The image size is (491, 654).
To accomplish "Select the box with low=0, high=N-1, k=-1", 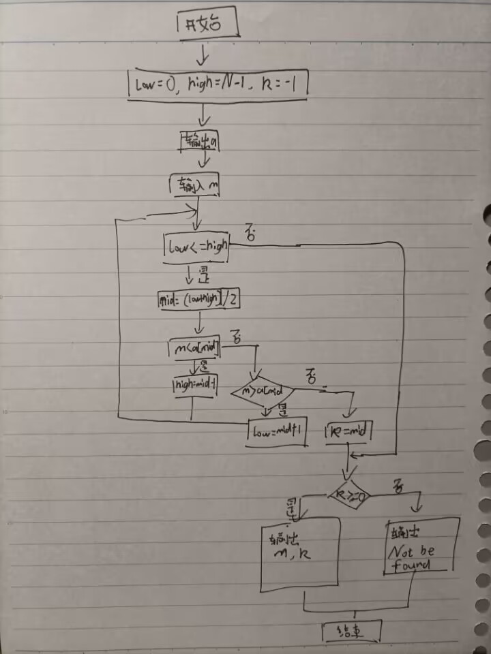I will click(218, 84).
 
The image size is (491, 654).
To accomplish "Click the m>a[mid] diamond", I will click(262, 392).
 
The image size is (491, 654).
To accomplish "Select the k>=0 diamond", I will click(350, 494).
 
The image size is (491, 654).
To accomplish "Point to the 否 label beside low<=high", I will click(250, 236).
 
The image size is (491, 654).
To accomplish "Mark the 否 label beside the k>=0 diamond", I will click(398, 486).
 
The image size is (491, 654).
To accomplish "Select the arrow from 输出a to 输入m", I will click(203, 162).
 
